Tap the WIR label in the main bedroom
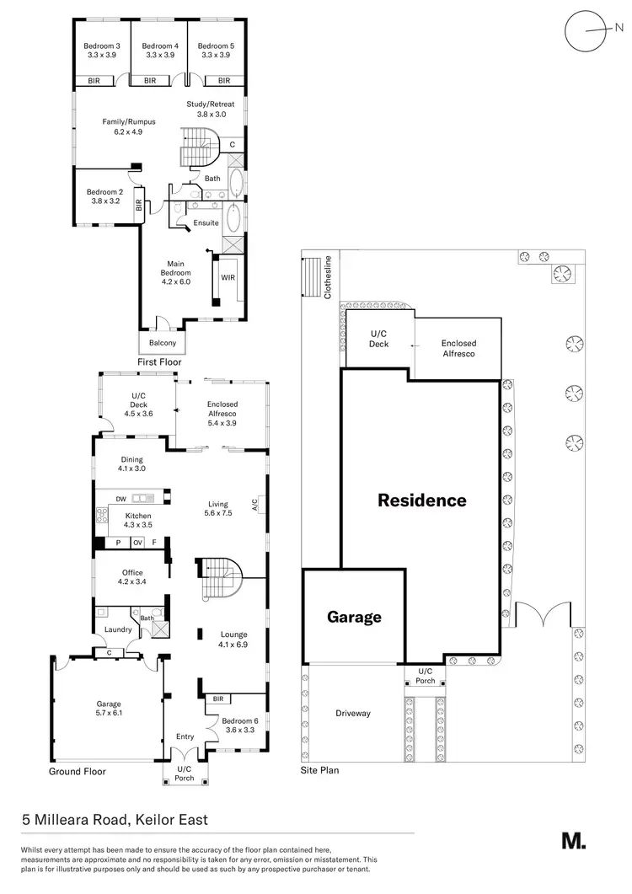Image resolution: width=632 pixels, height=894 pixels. tap(228, 276)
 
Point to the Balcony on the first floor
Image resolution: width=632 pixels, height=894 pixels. tap(163, 343)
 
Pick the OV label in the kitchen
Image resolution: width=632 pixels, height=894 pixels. tap(137, 543)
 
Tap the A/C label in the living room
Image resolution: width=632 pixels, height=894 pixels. tap(254, 505)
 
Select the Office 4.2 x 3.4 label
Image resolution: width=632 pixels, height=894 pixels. tap(132, 577)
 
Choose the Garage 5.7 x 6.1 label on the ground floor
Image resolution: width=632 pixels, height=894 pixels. tap(108, 709)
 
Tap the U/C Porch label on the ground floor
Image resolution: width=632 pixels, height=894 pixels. tap(184, 774)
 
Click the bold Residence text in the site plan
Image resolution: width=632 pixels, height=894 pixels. tap(421, 501)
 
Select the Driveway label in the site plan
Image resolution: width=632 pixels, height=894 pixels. tap(352, 713)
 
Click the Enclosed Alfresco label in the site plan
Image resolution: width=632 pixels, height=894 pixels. tap(458, 349)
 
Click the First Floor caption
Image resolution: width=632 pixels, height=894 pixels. tap(159, 362)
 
